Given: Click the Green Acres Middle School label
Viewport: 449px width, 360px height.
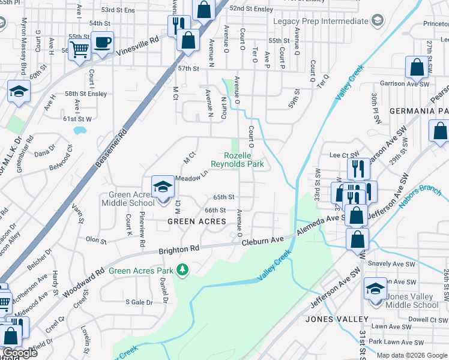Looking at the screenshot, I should (x=131, y=199).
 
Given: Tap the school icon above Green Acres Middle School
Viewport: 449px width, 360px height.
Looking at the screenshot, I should (x=162, y=187).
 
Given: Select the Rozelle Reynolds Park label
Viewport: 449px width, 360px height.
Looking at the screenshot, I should (x=237, y=159).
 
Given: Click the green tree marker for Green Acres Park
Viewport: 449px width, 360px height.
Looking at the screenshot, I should (x=183, y=271).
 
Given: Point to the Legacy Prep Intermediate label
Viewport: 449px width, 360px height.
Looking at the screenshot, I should (x=320, y=22).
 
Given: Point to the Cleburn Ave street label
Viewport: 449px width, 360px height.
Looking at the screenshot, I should (x=262, y=241).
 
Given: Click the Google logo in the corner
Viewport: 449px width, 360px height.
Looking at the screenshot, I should (x=20, y=353).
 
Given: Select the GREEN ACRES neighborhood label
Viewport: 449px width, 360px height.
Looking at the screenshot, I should (x=196, y=221).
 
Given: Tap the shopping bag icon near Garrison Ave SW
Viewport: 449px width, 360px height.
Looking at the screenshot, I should (x=417, y=68).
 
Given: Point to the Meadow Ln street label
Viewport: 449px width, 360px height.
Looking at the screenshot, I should (x=191, y=177).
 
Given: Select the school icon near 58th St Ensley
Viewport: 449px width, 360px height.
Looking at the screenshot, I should (x=19, y=92).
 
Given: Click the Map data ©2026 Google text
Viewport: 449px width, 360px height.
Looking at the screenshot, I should (x=412, y=355).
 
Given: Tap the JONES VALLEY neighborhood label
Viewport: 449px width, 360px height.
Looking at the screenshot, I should (x=334, y=319).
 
